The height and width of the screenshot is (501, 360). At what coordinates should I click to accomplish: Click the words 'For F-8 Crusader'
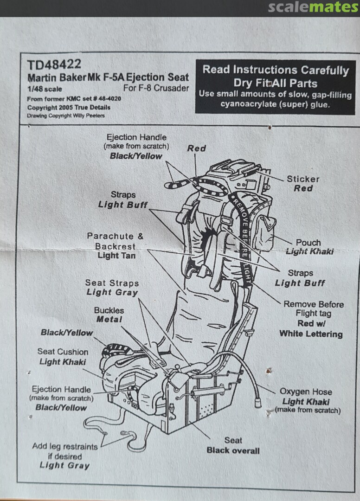(156, 88)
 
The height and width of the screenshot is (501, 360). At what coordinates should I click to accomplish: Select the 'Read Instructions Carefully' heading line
(276, 70)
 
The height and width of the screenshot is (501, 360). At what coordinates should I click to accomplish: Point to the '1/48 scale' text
(45, 89)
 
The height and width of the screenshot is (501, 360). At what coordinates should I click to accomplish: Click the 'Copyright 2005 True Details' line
(69, 107)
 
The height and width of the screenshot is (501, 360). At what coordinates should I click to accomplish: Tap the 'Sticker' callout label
(303, 179)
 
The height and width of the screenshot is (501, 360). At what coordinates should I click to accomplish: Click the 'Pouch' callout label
(309, 242)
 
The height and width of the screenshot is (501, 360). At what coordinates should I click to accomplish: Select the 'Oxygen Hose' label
(306, 392)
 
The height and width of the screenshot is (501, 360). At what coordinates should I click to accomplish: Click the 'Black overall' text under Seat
(233, 450)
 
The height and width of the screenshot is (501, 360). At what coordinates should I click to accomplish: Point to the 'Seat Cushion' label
(63, 352)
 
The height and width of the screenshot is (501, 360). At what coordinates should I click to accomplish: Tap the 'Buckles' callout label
(109, 310)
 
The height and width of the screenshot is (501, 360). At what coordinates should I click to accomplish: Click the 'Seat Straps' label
(112, 283)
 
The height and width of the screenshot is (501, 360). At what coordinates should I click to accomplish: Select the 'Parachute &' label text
(115, 236)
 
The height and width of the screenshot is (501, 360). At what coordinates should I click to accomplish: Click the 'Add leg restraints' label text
(65, 446)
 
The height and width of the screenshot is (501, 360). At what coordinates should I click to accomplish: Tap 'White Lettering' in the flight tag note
(311, 334)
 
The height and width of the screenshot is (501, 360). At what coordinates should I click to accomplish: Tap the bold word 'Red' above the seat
(196, 148)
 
